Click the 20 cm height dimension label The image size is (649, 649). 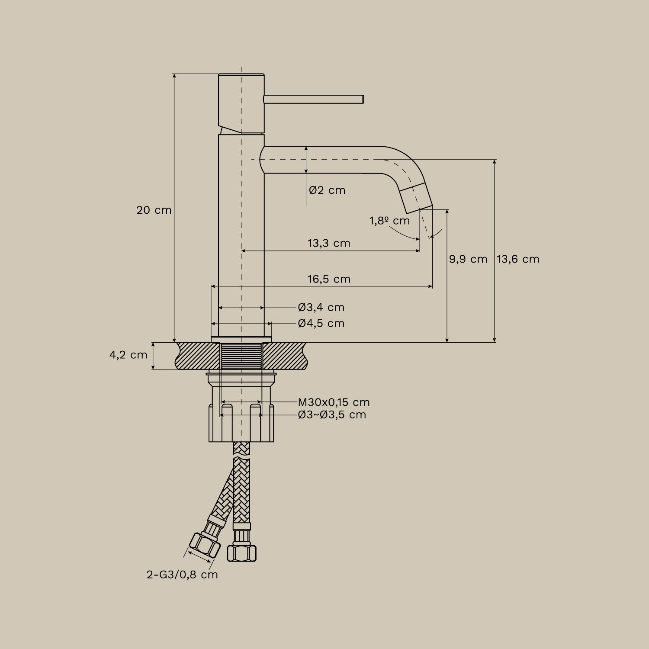tap(154, 210)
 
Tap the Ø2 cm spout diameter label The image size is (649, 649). tap(327, 190)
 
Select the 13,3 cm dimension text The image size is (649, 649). tap(329, 243)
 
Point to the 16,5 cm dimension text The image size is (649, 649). tap(329, 279)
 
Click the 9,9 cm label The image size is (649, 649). tap(468, 259)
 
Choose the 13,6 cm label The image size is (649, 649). tap(518, 259)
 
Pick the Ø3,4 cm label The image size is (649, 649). tap(321, 308)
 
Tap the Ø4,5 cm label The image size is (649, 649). tap(321, 324)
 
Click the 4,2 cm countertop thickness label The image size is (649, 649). tap(128, 355)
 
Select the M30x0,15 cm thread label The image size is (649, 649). tap(334, 402)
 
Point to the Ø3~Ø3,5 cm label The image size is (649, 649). tap(332, 415)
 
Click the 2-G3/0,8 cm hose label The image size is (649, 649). tap(182, 575)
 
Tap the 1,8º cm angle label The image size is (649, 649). tap(389, 221)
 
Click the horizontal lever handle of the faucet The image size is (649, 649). tap(314, 99)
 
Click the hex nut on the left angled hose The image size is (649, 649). tap(205, 545)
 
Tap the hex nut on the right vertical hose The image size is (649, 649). tap(241, 553)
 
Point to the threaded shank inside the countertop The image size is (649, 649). tap(241, 356)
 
